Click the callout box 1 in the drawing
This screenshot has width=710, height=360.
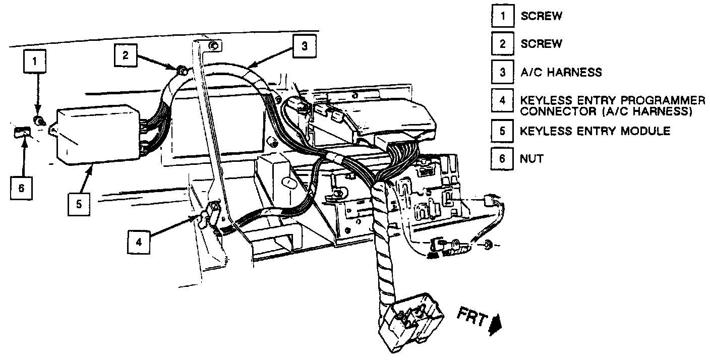tap(35, 63)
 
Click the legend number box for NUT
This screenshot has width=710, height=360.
tap(502, 158)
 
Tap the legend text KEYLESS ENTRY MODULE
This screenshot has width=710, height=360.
tap(595, 131)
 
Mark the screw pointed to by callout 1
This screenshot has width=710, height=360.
tap(38, 121)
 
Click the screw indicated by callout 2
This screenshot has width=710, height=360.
tap(183, 69)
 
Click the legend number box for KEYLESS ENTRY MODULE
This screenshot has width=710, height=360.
tap(502, 131)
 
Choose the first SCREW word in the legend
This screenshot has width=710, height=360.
tap(541, 16)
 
